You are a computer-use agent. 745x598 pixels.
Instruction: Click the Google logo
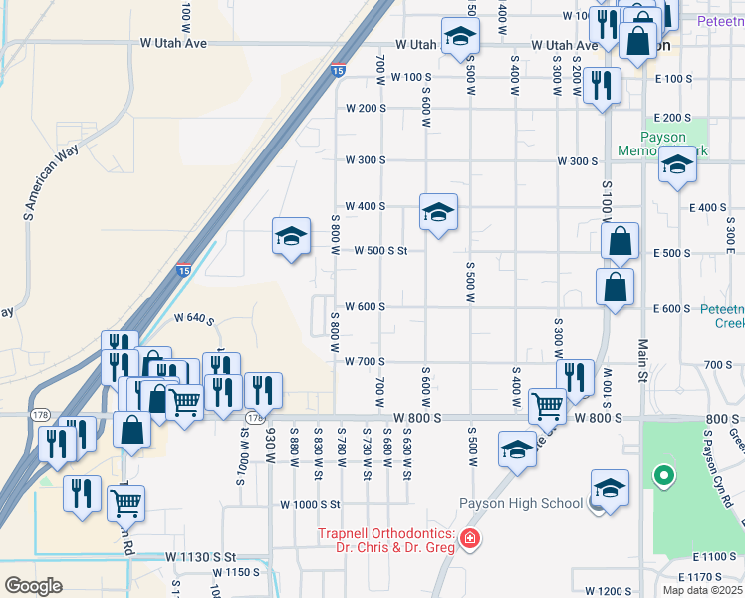[33, 585]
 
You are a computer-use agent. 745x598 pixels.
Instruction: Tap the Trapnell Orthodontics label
[386, 540]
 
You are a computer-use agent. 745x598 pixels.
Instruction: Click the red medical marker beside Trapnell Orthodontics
[470, 540]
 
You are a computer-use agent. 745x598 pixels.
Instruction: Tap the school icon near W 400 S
[438, 212]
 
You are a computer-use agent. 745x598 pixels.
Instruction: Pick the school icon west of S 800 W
[291, 237]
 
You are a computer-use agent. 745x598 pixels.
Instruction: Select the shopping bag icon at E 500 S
[620, 241]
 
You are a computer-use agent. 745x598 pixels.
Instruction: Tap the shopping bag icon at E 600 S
[616, 287]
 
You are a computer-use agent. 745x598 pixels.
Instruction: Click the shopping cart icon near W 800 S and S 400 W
[547, 406]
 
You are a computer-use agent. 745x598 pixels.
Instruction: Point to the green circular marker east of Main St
[663, 477]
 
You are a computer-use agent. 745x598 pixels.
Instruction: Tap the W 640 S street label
[193, 319]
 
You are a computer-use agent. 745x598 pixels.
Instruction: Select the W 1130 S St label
[199, 556]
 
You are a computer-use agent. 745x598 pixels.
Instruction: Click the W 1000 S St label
[310, 505]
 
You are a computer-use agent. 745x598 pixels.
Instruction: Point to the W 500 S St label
[380, 251]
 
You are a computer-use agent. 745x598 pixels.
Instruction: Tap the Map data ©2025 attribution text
[703, 590]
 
